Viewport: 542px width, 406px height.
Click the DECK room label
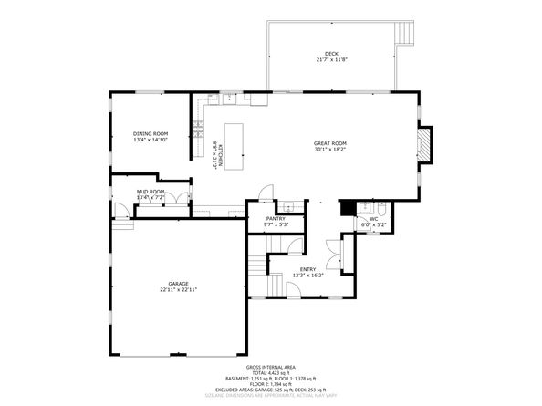(x=331, y=53)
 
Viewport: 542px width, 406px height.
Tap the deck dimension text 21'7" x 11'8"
(x=331, y=60)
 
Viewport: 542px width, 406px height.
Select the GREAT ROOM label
(x=330, y=143)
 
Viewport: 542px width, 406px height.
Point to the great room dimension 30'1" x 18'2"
(x=330, y=151)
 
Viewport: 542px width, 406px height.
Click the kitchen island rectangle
(x=236, y=147)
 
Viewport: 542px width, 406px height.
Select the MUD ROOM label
(x=150, y=192)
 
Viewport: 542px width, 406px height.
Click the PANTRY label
(x=276, y=219)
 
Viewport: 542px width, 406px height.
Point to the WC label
(x=373, y=219)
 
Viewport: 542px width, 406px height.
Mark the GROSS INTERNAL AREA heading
(x=271, y=369)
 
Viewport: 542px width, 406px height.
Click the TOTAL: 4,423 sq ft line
(x=271, y=374)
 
